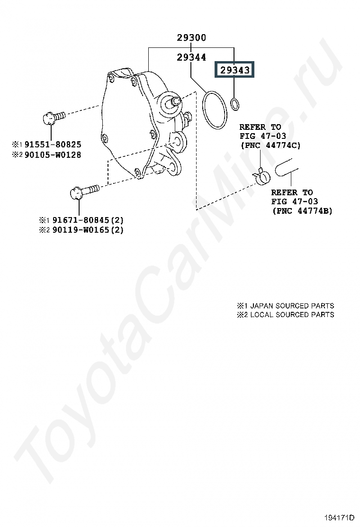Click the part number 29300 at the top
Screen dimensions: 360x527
[191, 37]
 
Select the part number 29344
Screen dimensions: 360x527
[191, 57]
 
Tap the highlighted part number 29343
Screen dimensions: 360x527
[235, 70]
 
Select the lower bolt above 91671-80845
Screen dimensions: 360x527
[84, 191]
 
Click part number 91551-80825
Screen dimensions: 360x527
[53, 145]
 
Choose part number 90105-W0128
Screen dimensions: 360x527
[53, 155]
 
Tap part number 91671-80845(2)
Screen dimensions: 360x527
[88, 220]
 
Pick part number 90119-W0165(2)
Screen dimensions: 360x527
[88, 230]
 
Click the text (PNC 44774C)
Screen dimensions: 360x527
[270, 145]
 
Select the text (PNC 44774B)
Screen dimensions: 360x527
[302, 211]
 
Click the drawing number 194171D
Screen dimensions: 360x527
[339, 517]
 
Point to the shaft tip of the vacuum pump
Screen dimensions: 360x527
[177, 100]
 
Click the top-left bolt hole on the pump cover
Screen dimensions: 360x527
[111, 78]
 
